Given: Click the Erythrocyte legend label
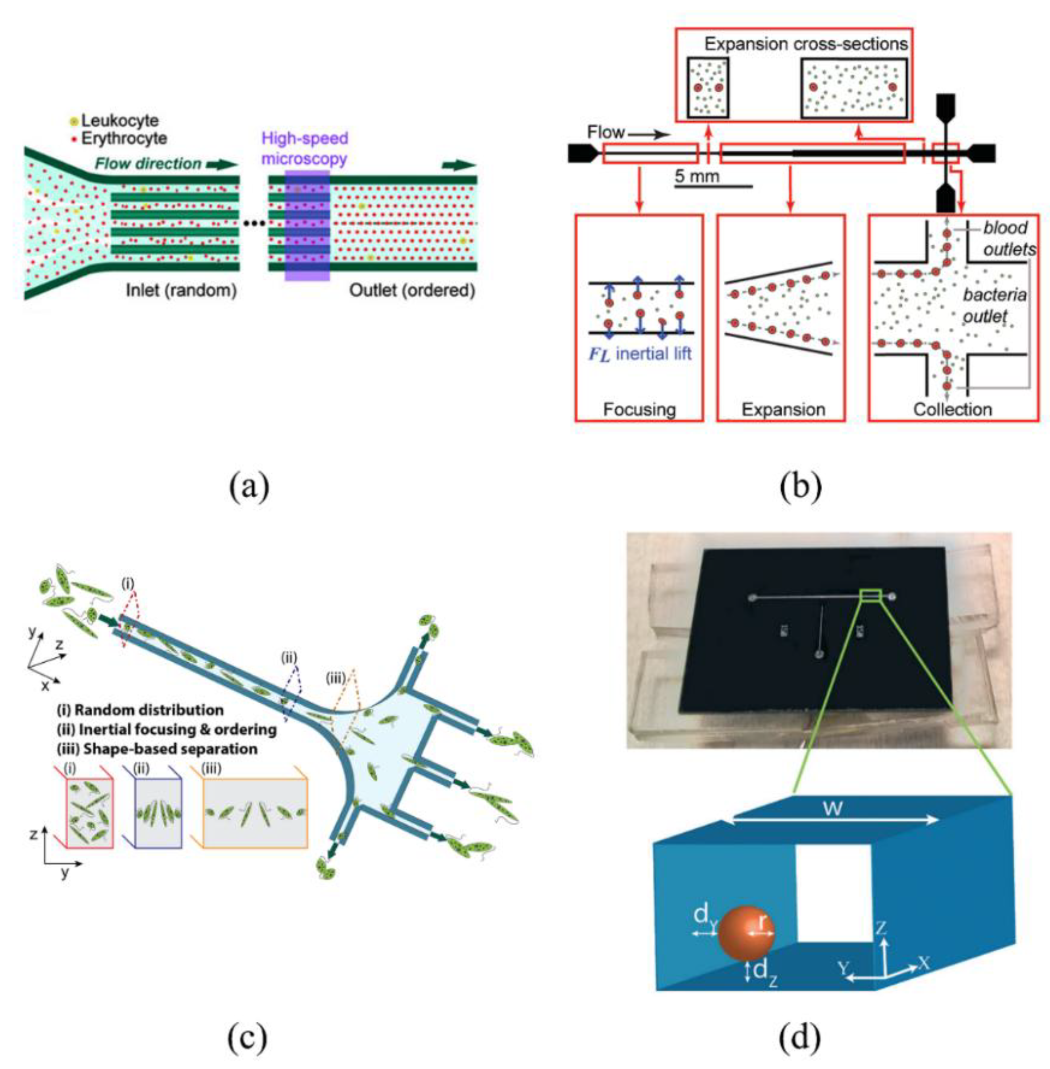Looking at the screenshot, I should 124,138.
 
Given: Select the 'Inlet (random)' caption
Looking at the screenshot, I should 181,290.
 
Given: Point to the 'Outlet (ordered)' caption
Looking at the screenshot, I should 412,290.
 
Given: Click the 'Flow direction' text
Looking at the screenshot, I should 148,164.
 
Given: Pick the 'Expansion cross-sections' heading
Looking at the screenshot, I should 806,44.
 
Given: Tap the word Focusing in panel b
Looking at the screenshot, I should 639,409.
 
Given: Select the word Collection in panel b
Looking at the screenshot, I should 952,409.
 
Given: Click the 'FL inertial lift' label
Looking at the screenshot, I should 639,353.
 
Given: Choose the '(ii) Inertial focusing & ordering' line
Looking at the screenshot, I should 166,729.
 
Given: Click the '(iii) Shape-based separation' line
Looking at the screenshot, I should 157,749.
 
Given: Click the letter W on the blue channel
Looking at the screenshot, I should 832,809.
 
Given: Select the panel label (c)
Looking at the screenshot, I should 246,1038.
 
